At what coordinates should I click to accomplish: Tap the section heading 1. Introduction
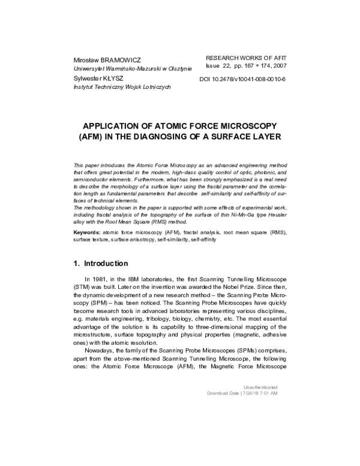[100, 263]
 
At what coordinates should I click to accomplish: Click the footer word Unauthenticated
[260, 387]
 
